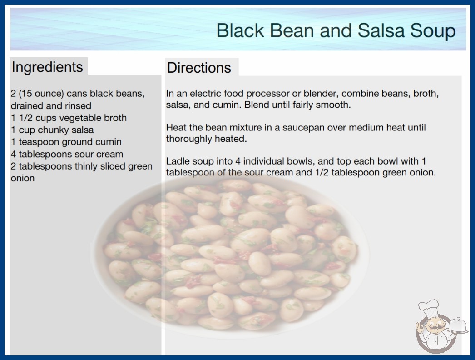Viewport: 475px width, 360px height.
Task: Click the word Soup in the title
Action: (433, 31)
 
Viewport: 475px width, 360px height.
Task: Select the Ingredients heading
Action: (47, 67)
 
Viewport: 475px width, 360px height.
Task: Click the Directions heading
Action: (199, 68)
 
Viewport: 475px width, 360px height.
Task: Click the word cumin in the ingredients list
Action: (109, 142)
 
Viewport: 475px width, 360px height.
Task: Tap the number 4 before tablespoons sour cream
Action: (13, 154)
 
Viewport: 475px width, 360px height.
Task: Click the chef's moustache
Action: (434, 327)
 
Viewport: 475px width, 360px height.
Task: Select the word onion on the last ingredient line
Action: (23, 178)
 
